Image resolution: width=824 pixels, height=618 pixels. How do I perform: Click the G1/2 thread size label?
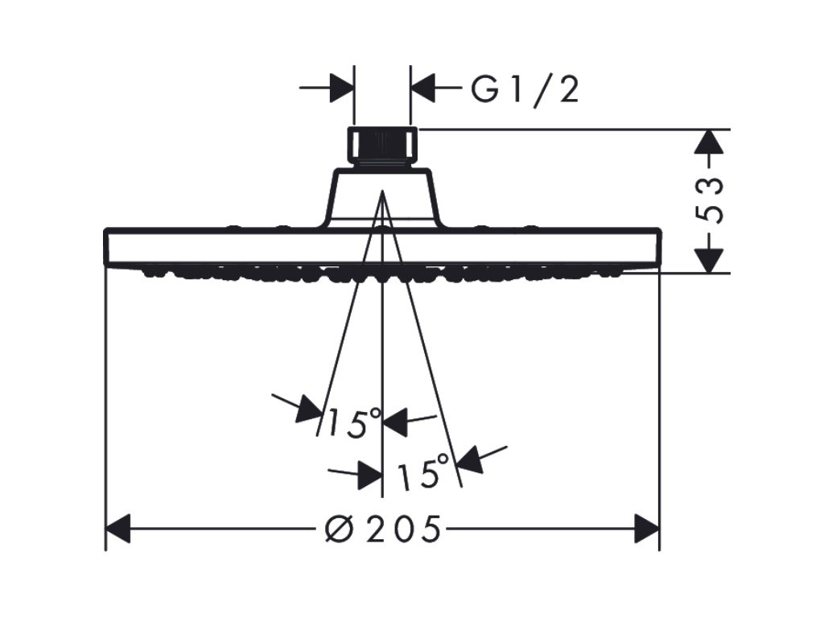[525, 90]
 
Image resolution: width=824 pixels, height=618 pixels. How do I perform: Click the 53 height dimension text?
[708, 201]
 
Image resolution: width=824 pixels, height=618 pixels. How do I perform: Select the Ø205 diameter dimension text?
[381, 529]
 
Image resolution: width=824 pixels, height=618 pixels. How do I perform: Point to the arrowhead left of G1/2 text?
[423, 88]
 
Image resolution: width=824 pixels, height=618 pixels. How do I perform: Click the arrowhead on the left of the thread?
[342, 88]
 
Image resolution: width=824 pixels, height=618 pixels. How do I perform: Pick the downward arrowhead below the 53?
[708, 260]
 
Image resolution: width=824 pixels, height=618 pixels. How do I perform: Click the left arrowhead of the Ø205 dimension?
[119, 529]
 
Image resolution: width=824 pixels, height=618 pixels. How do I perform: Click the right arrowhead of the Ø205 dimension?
[646, 529]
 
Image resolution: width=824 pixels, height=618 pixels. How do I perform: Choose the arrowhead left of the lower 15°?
[369, 474]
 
